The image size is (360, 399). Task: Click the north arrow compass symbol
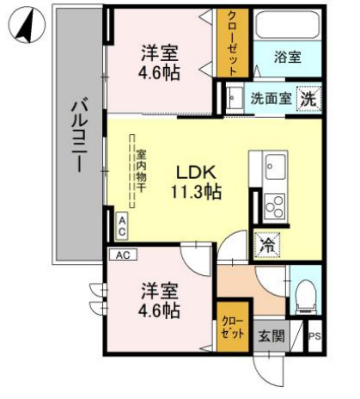click(x=27, y=27)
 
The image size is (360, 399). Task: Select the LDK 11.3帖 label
click(x=198, y=181)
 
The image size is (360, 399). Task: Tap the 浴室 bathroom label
click(x=288, y=58)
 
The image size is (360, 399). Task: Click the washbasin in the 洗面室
click(x=233, y=98)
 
